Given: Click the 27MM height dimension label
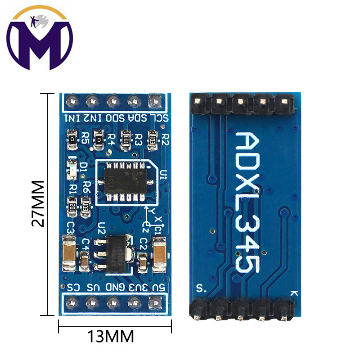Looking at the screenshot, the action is click(x=39, y=204).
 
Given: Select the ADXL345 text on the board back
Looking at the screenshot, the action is click(x=247, y=202).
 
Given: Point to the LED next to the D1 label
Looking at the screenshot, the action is click(x=72, y=165).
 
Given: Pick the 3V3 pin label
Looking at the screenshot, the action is click(x=135, y=286).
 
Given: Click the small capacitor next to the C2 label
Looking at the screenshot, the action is click(x=143, y=261).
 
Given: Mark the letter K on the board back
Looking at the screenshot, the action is click(x=294, y=293).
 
